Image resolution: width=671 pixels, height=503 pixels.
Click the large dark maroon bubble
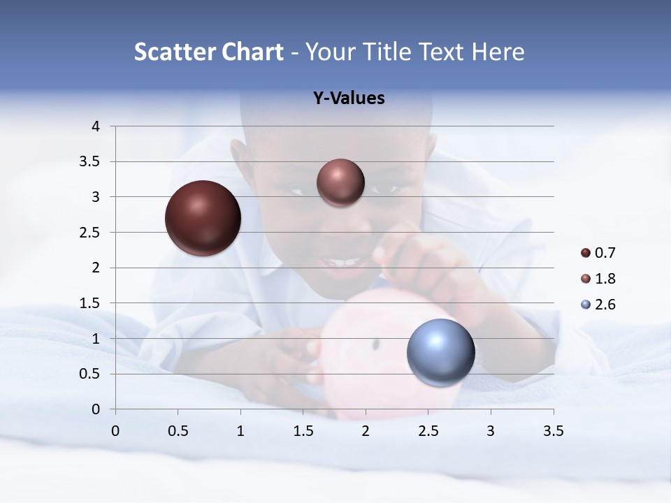pos(203,218)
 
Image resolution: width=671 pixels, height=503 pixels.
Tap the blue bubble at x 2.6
pos(440,352)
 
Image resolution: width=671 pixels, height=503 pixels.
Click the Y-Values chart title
pos(349,99)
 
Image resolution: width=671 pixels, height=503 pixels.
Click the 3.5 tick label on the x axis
pos(553,431)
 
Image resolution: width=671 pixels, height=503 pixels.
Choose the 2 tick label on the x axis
pos(366,431)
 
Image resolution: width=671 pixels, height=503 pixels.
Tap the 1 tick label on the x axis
pos(240,431)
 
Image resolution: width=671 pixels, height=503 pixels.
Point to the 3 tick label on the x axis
pos(491,431)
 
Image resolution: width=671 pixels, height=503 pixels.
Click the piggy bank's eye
pos(376,344)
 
